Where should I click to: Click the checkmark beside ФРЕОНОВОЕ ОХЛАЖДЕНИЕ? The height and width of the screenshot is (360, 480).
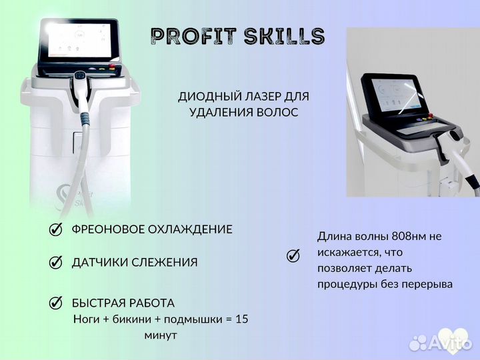click(57, 229)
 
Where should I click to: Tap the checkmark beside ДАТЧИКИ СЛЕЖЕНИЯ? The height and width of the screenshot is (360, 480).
click(57, 263)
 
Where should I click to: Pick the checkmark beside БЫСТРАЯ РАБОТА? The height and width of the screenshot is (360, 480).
click(57, 303)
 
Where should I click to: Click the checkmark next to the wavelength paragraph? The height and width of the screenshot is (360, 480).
click(293, 255)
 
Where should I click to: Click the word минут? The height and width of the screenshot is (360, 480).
click(161, 335)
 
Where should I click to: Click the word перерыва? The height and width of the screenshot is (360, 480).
click(429, 284)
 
